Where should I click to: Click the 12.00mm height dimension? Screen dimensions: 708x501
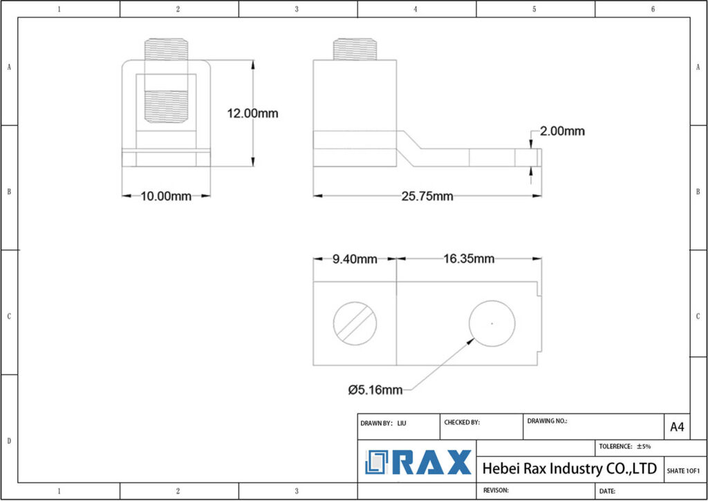(252, 113)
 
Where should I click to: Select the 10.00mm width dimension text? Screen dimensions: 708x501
(166, 196)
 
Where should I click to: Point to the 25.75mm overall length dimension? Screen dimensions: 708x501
(427, 196)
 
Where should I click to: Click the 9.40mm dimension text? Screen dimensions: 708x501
(355, 259)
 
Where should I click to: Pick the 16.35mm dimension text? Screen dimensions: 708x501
(469, 259)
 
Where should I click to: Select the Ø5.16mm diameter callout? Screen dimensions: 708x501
(375, 390)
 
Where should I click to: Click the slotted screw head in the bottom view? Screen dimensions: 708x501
(355, 323)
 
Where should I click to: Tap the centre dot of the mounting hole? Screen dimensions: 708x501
(492, 323)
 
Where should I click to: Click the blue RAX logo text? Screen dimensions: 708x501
(436, 462)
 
